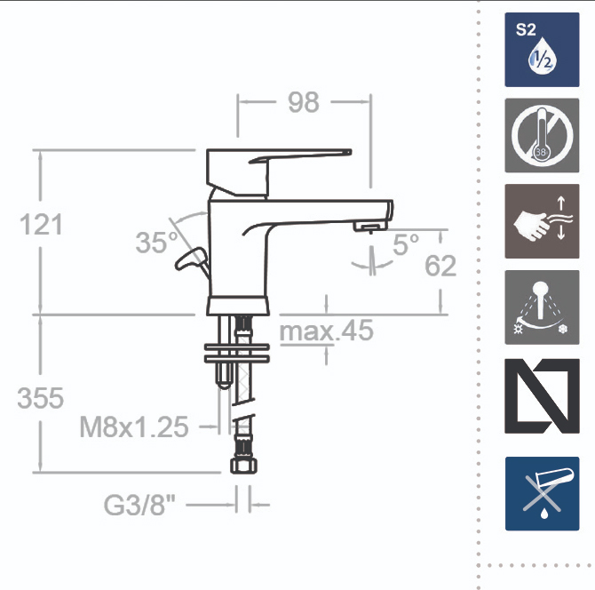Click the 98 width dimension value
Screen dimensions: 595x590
coord(303,102)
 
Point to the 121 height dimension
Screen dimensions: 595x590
coord(41,225)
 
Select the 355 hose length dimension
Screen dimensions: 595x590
coord(41,398)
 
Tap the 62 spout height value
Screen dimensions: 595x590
coord(440,266)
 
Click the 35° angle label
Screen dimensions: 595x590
coord(156,242)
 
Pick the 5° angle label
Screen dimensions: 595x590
coord(406,244)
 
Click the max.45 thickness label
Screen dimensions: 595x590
coord(326,331)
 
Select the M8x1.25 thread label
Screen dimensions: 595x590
coord(134,427)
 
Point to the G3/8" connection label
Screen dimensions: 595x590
coord(139,506)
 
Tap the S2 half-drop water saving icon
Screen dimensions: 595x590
coord(542,50)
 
